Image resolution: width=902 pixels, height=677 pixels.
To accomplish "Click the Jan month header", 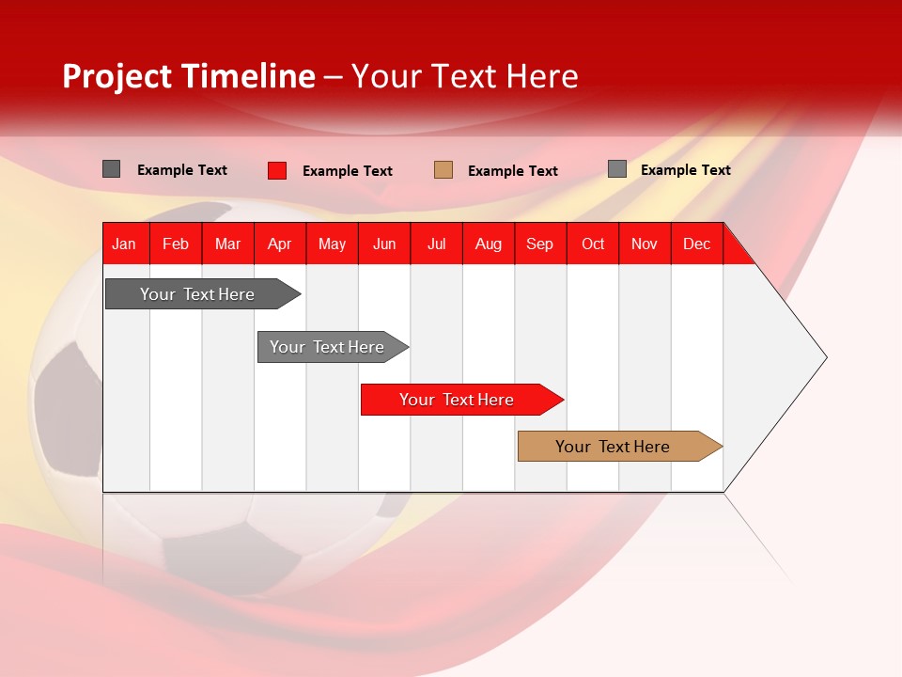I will click(x=124, y=244).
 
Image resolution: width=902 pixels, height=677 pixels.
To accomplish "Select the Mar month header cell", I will click(x=227, y=244).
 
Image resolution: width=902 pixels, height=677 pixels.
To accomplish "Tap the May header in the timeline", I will click(x=332, y=244).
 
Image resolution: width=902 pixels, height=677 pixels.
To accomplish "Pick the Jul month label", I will click(x=436, y=244).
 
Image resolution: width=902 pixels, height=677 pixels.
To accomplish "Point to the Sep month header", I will click(x=539, y=244).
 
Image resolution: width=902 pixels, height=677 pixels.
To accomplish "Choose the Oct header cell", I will click(x=593, y=244).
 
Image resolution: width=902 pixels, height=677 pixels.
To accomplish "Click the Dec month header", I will click(x=696, y=244).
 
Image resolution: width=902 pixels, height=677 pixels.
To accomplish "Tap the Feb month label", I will click(x=176, y=244).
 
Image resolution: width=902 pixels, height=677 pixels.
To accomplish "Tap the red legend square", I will click(x=277, y=170).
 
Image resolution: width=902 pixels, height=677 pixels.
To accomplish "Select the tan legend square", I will click(x=443, y=170).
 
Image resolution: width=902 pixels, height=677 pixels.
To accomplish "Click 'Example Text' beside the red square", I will click(x=348, y=171).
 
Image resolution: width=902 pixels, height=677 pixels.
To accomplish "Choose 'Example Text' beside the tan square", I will click(x=513, y=171).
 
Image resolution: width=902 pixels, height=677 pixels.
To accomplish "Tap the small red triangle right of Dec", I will click(x=736, y=250).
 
